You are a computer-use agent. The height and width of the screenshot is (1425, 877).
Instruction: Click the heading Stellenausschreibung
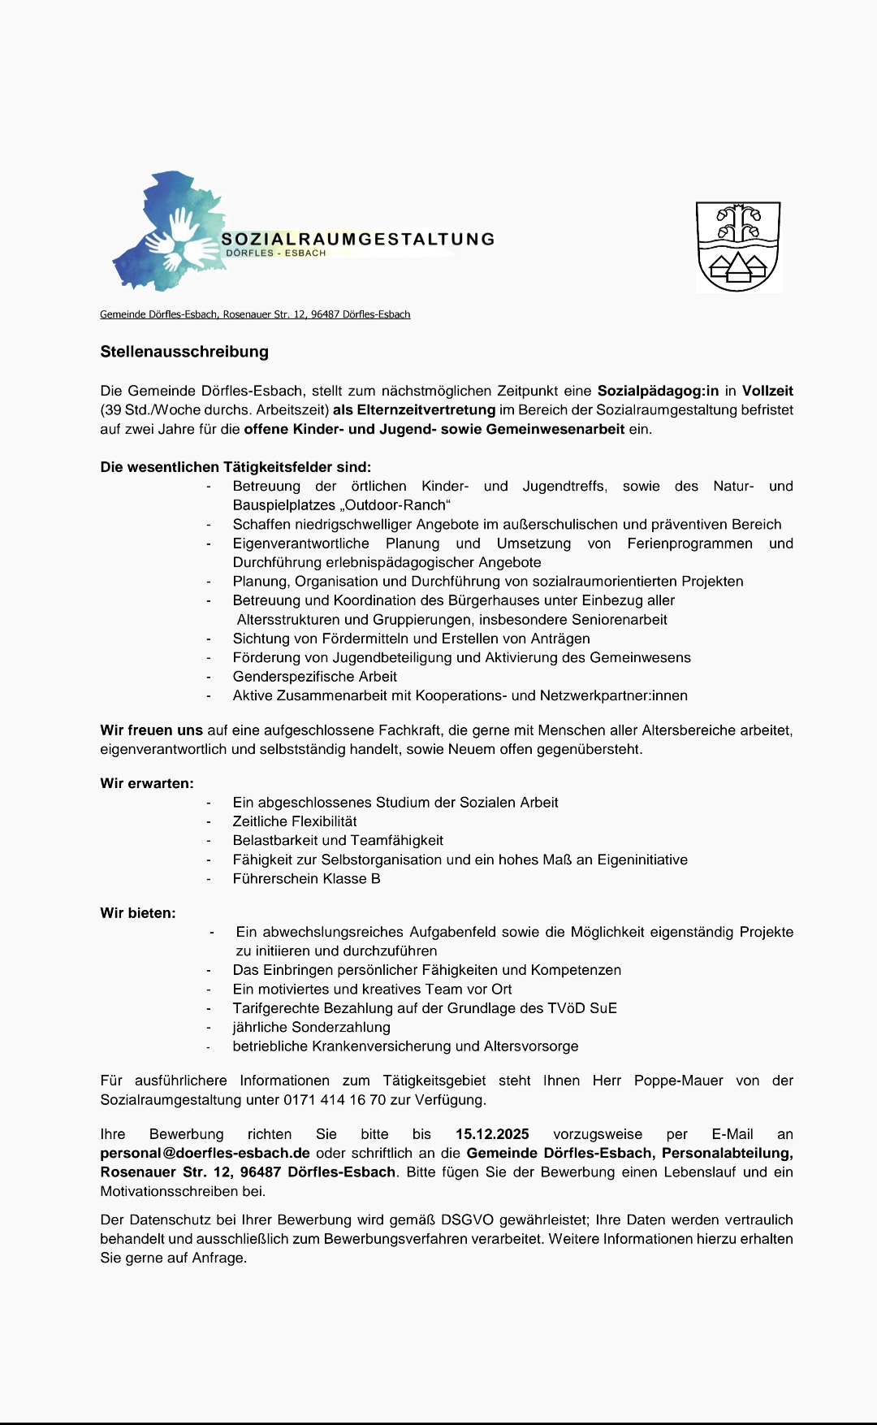click(184, 352)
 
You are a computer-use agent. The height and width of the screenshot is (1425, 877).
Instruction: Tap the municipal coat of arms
click(738, 246)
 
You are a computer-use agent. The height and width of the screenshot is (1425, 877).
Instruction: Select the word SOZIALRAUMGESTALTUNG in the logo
click(358, 239)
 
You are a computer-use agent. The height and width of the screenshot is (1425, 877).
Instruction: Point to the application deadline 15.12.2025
click(492, 1134)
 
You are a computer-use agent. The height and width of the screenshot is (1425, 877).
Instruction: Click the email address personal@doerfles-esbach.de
click(205, 1153)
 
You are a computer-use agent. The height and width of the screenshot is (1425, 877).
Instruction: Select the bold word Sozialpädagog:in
click(658, 391)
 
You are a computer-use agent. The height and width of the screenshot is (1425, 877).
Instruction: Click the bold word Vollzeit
click(767, 391)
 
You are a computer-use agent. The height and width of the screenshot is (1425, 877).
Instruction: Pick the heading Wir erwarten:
click(147, 783)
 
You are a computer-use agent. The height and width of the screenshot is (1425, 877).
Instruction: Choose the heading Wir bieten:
click(138, 913)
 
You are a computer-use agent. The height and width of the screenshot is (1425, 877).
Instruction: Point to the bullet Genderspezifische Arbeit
click(315, 677)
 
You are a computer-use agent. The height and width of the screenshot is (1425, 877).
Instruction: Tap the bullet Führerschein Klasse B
click(306, 878)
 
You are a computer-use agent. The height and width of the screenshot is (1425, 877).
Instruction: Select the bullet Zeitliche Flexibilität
click(295, 821)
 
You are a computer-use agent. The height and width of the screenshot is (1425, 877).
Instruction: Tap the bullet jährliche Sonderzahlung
click(312, 1027)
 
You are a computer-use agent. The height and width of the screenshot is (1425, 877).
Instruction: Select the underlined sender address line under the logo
click(255, 314)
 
